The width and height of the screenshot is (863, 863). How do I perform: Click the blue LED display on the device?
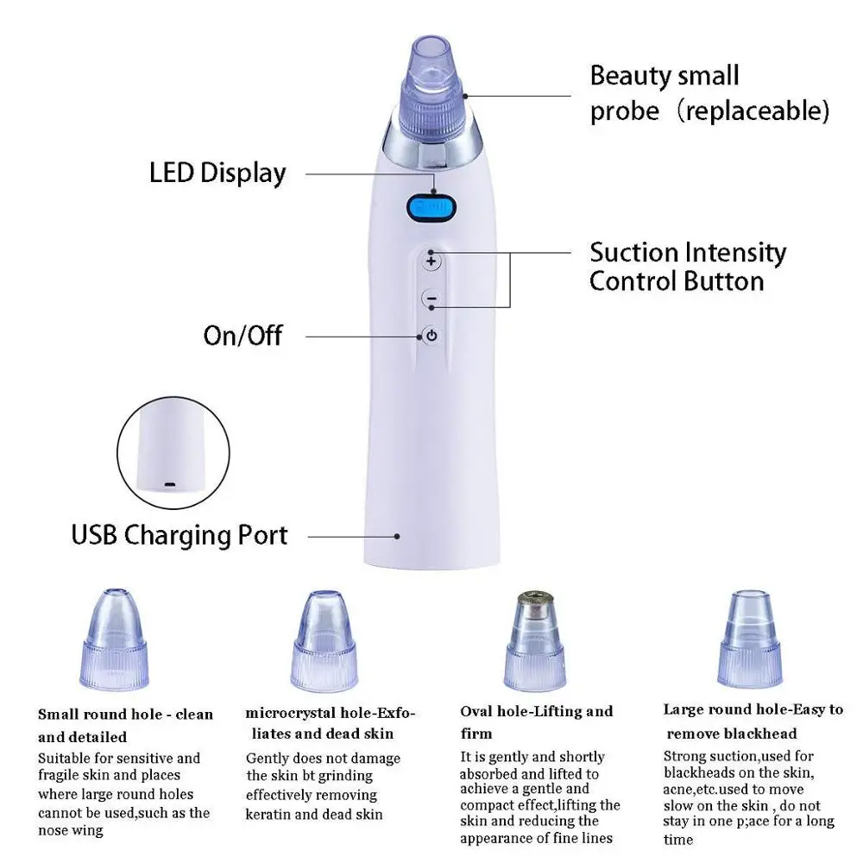point(431,208)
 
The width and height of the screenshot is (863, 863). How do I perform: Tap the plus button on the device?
point(431,260)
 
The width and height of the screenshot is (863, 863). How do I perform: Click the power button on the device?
point(431,336)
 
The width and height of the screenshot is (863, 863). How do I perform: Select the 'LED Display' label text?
point(217,173)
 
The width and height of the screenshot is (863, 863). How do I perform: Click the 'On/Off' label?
point(243,335)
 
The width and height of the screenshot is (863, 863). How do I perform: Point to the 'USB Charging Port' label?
point(180,535)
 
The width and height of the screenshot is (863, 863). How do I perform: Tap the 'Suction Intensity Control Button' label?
point(688,267)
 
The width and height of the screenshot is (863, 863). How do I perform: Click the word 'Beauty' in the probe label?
point(628,76)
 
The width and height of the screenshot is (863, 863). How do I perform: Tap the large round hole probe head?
point(749,639)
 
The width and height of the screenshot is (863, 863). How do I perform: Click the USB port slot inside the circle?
point(169,485)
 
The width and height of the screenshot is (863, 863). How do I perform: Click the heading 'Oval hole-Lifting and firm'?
point(536,722)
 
